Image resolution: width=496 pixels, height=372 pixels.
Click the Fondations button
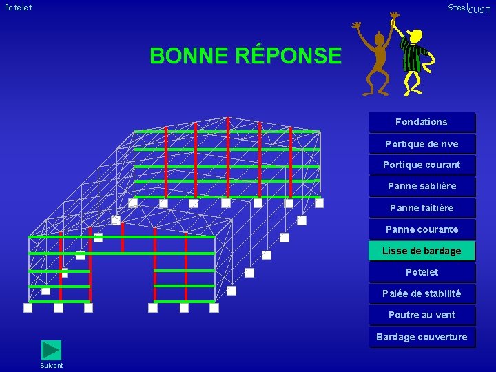[421, 122]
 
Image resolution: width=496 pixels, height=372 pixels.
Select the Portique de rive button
[421, 144]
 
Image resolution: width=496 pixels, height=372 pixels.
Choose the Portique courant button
[421, 165]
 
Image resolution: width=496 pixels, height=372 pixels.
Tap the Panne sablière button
[421, 186]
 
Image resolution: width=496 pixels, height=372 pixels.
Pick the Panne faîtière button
[421, 208]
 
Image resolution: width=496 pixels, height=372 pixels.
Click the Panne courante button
[421, 229]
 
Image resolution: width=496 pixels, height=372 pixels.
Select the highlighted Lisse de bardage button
[421, 251]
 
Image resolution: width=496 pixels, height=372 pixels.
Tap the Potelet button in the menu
[421, 272]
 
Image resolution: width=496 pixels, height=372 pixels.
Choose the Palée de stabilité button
[421, 293]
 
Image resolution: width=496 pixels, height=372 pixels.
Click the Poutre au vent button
[421, 315]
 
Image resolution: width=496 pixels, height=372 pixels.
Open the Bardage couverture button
[421, 337]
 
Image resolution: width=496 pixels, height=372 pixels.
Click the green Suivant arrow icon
[52, 350]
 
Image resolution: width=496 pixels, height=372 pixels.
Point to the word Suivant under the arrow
[52, 366]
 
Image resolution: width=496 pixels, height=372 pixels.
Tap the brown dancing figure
[375, 62]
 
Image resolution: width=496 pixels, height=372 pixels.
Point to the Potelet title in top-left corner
[18, 8]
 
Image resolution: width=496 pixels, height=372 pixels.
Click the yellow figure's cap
[415, 34]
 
